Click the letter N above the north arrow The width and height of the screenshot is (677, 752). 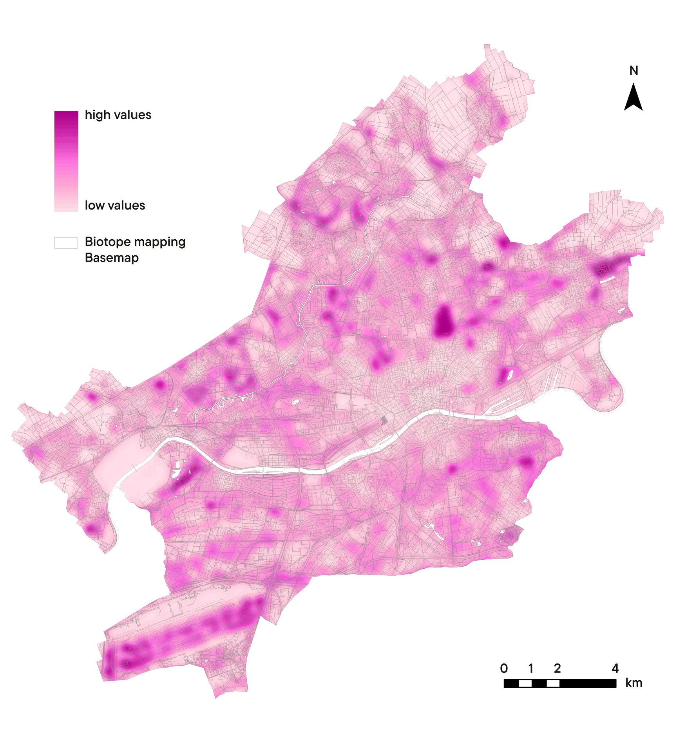click(634, 71)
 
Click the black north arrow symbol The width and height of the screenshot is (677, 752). click(633, 98)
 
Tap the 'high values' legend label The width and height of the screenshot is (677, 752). click(118, 115)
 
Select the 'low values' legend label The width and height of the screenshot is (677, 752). click(115, 205)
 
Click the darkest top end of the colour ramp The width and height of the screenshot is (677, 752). click(66, 114)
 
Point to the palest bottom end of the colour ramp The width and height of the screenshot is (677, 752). click(66, 208)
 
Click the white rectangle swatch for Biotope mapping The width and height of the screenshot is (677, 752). click(66, 243)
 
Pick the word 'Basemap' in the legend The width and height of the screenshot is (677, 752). click(112, 258)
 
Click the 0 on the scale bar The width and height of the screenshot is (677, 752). click(504, 668)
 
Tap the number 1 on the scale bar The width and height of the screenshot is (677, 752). click(531, 668)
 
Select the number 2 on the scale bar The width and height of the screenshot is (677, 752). click(558, 668)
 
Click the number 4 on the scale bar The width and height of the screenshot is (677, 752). click(615, 668)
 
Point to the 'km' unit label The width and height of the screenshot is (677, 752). click(634, 683)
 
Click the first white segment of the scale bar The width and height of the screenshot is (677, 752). click(525, 683)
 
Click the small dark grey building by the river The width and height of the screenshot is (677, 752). click(384, 420)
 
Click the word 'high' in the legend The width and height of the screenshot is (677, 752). click(97, 115)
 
